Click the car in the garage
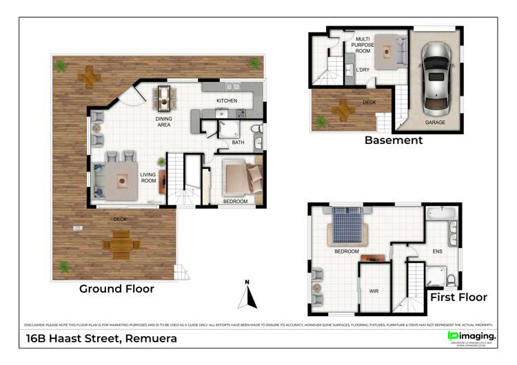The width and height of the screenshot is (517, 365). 437,78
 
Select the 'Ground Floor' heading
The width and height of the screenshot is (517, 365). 116,289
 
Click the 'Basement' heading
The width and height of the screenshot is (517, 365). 394,140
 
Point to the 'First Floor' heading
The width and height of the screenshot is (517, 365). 458,298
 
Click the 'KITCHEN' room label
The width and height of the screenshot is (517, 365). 227,101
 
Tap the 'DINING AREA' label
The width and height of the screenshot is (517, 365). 163,122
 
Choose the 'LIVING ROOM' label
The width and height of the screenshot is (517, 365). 148,178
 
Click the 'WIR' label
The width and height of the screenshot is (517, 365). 374,291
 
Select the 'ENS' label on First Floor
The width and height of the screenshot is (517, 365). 437,252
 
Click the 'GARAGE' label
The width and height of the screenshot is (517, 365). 434,122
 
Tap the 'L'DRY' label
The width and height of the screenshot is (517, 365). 363,70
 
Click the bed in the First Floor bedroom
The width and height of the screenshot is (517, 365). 349,225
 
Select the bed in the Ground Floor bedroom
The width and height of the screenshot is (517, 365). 242,178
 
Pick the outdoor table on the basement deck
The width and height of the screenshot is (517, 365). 342,108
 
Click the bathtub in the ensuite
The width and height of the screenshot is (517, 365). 441,213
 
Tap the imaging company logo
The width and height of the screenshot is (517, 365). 472,336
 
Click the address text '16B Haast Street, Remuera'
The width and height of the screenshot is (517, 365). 101,338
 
